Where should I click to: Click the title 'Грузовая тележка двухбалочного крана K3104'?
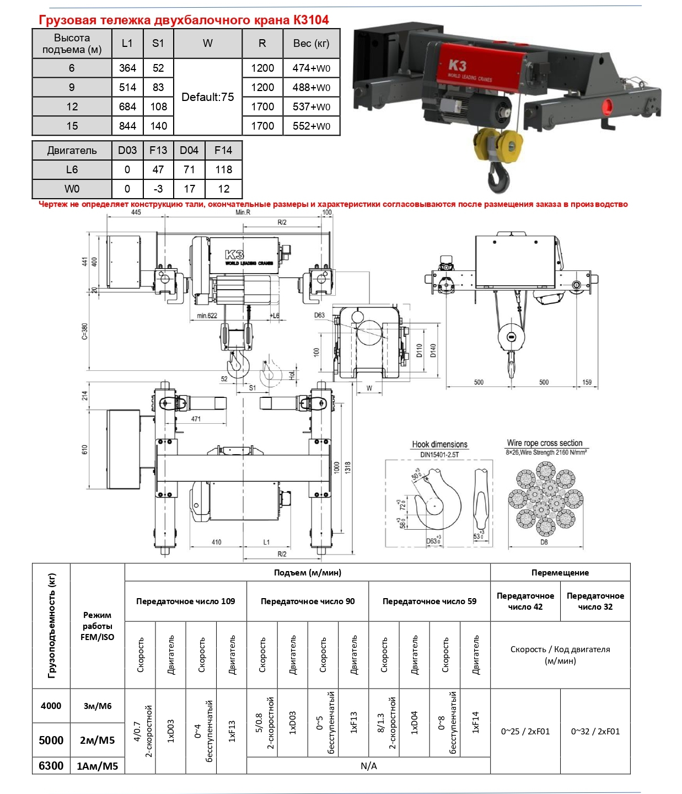(184, 20)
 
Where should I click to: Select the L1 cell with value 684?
(127, 106)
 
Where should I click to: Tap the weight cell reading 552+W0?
(312, 126)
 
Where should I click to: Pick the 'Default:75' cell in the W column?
(208, 97)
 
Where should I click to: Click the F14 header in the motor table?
(223, 150)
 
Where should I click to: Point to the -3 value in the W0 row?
(158, 189)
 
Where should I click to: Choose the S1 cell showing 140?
(159, 126)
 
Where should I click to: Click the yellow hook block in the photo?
(498, 145)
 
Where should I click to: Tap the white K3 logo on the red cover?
(458, 66)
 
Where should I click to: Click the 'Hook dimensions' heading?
(439, 444)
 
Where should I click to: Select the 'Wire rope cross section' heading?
(545, 443)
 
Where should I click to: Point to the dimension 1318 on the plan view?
(348, 467)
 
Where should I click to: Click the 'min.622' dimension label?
(207, 316)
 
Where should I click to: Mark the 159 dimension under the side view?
(587, 382)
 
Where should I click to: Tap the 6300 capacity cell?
(51, 765)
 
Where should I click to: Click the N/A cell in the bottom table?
(368, 766)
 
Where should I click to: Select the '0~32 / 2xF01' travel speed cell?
(595, 731)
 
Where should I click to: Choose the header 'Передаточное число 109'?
(186, 601)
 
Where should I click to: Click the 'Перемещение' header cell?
(560, 572)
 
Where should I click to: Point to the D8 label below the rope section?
(544, 542)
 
